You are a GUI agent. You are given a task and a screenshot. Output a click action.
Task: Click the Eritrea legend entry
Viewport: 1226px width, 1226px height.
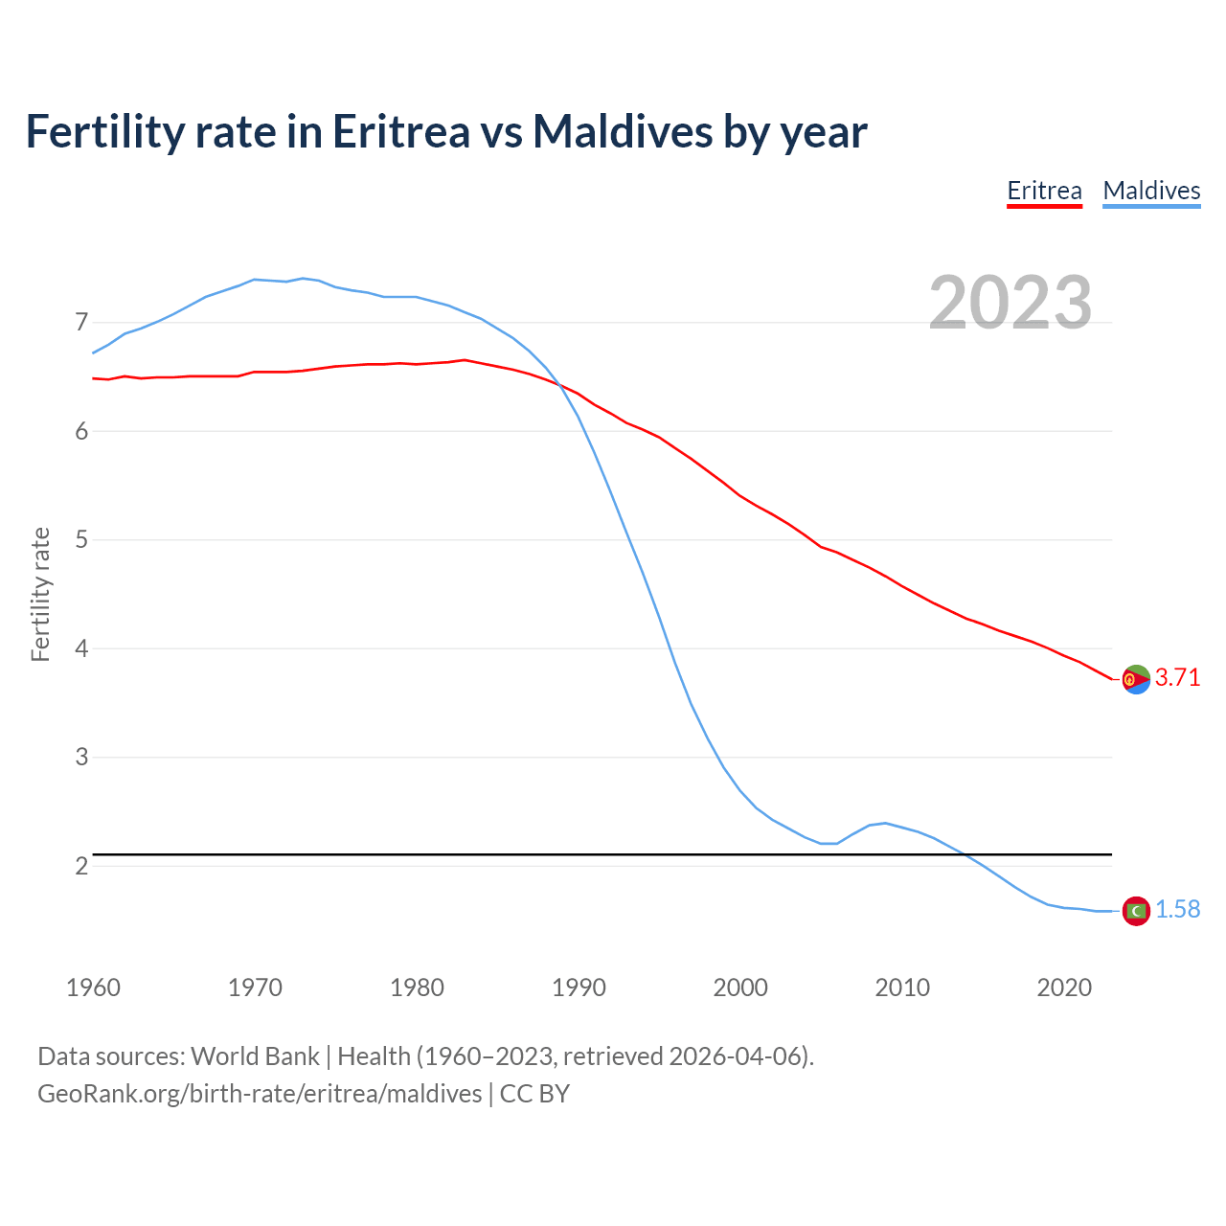(x=1044, y=191)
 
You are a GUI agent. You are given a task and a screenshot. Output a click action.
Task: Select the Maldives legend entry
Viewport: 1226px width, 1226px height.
(x=1151, y=191)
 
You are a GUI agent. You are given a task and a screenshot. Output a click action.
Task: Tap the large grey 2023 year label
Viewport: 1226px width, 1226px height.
(x=1010, y=303)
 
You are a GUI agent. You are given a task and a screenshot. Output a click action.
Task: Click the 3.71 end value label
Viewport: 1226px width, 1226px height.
(x=1177, y=678)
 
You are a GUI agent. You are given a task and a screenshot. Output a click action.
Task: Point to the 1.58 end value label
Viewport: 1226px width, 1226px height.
(x=1177, y=910)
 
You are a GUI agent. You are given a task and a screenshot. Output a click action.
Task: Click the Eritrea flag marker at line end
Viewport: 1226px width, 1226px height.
(x=1136, y=679)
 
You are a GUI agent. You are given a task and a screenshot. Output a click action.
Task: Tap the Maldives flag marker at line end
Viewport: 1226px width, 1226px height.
(x=1136, y=911)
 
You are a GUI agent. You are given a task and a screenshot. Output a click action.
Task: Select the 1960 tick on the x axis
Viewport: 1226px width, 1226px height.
(x=93, y=988)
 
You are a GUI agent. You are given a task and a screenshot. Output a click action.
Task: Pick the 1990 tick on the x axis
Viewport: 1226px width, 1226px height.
(x=579, y=988)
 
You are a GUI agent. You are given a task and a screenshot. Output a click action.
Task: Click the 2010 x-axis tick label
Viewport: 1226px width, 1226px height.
(x=902, y=988)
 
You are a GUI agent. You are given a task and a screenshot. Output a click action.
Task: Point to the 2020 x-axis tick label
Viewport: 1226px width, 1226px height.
(x=1064, y=988)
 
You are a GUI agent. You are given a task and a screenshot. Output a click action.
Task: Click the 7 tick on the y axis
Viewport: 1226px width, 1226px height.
(x=81, y=323)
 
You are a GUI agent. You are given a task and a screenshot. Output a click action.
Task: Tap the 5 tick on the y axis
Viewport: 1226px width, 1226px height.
(x=81, y=540)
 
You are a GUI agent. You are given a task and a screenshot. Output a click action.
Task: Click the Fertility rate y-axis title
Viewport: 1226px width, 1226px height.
(x=40, y=594)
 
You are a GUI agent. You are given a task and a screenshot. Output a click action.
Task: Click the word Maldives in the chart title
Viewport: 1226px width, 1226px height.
(x=623, y=131)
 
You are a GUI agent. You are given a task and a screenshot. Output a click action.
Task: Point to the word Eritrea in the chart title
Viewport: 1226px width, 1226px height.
(x=400, y=131)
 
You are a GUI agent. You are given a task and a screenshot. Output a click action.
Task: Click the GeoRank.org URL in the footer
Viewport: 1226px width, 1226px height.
(x=260, y=1094)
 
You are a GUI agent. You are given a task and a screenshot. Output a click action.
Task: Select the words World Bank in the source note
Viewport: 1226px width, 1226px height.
(x=255, y=1056)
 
